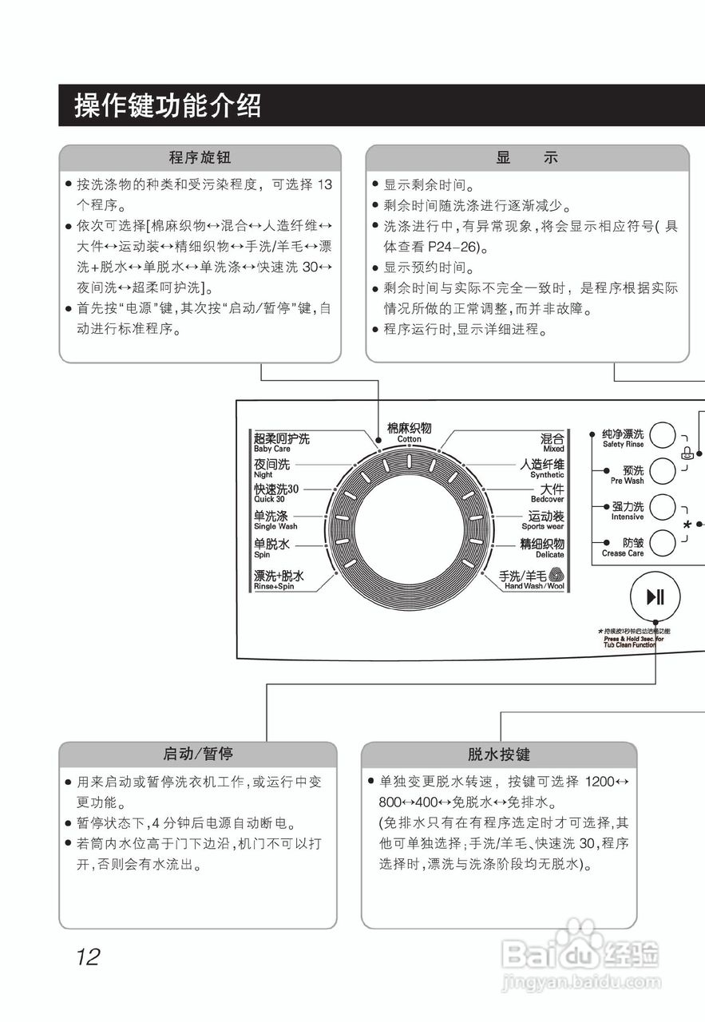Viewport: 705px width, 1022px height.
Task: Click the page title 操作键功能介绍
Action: [x=168, y=105]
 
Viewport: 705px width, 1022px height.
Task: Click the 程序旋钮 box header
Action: [x=200, y=157]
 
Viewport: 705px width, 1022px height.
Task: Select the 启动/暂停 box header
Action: [x=197, y=754]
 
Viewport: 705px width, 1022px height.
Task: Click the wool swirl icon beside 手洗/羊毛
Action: [x=556, y=575]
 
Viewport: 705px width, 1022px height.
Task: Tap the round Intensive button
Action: [x=662, y=507]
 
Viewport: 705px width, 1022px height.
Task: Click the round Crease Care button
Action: [x=662, y=543]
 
